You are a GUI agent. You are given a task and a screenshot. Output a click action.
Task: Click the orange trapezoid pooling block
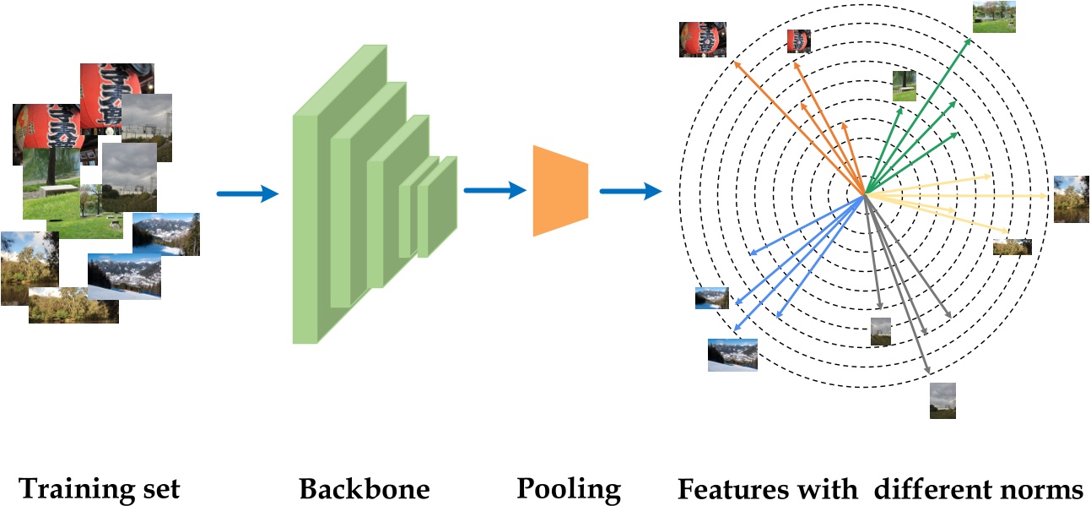pos(559,191)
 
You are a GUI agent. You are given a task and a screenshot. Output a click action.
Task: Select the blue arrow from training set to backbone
pos(247,194)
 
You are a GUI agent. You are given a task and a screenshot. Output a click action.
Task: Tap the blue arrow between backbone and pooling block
pos(494,191)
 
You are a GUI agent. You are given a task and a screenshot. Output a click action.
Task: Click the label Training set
pos(100,488)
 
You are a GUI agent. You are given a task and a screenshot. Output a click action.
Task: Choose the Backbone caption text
pos(364,488)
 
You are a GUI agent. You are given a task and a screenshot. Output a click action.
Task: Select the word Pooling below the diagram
pos(569,488)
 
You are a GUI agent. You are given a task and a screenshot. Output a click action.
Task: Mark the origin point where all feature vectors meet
pos(865,195)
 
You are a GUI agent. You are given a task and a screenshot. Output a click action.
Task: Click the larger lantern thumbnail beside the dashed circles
pos(702,40)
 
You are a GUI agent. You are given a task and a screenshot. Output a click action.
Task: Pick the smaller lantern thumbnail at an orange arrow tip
pos(798,41)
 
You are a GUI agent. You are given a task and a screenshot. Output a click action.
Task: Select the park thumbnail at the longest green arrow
pos(993,17)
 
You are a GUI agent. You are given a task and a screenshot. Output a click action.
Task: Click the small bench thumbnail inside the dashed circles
pos(905,86)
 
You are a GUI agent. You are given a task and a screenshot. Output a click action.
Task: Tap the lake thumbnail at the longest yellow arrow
pos(1071,199)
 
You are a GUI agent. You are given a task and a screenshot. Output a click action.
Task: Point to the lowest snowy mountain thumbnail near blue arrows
pos(732,355)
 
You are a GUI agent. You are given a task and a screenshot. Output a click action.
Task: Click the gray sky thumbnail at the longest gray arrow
pos(942,400)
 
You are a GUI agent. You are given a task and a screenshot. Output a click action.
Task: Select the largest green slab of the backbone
pos(312,228)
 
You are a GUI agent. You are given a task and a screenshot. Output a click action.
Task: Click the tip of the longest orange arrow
pos(735,61)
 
